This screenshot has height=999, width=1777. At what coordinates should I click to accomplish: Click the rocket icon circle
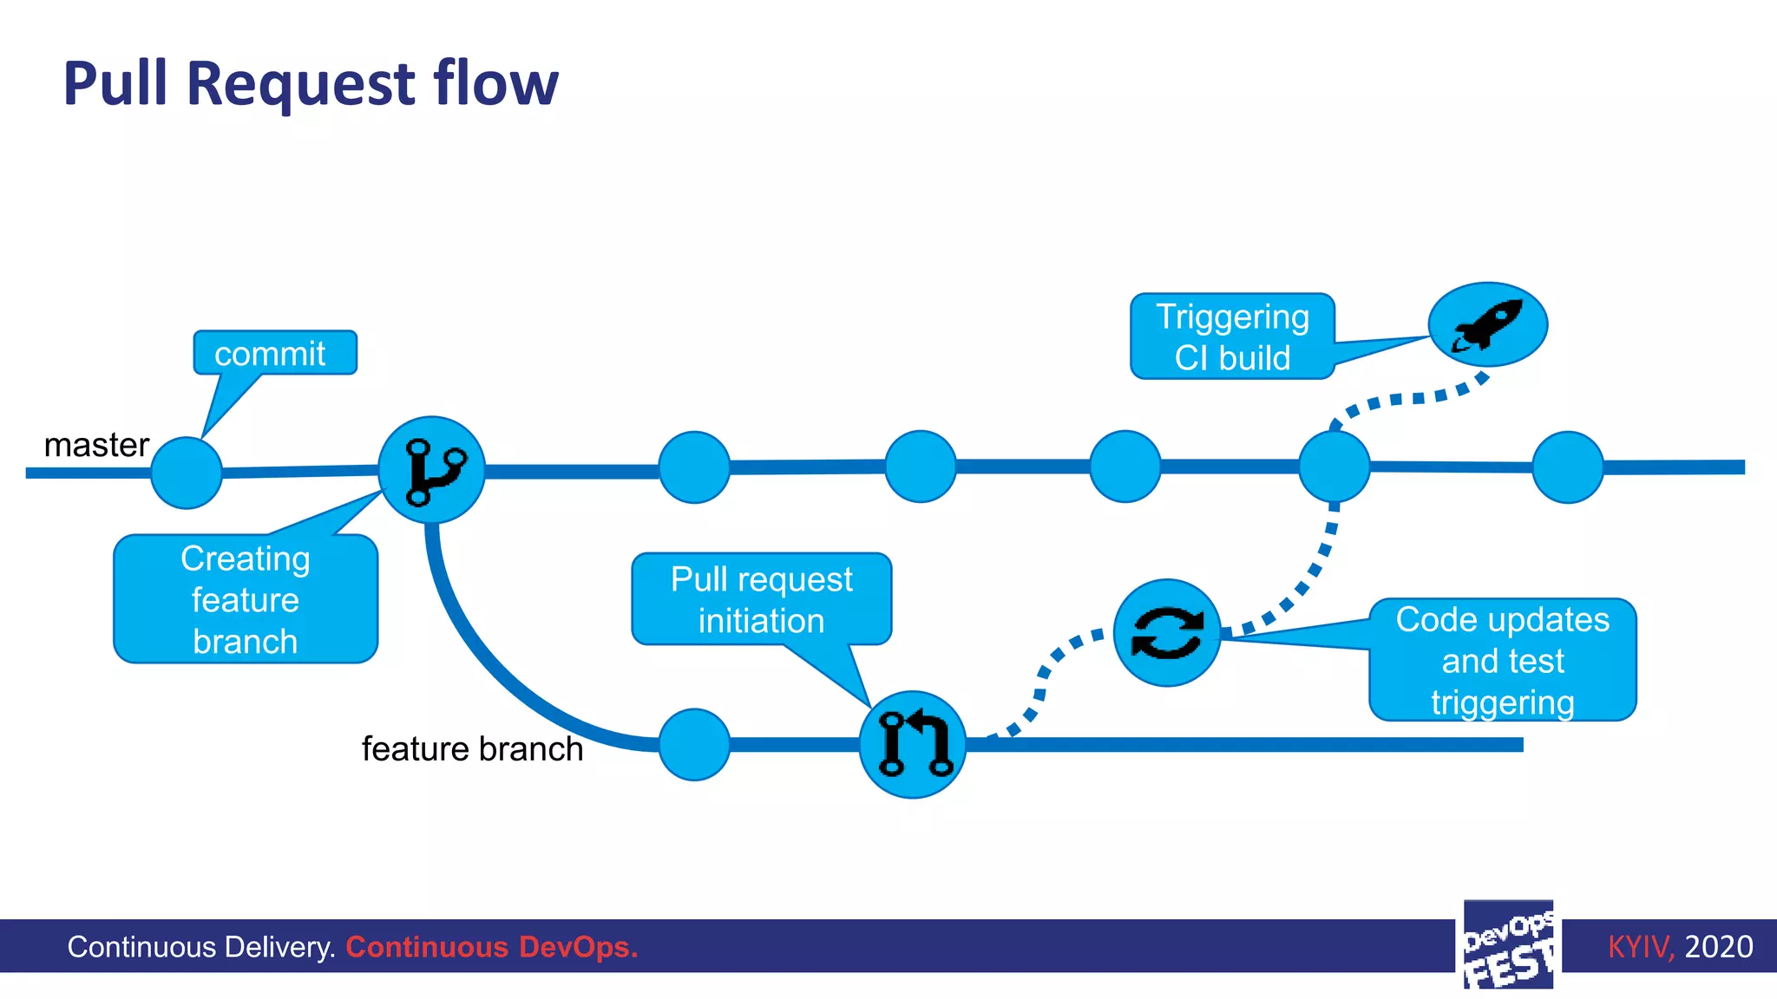tap(1487, 324)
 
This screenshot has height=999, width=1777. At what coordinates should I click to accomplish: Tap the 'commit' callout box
tap(274, 353)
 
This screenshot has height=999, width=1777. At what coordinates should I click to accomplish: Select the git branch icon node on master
tap(431, 470)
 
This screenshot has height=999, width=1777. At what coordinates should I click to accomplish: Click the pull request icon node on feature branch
tap(913, 744)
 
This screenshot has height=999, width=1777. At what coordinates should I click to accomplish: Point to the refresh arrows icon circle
tap(1167, 633)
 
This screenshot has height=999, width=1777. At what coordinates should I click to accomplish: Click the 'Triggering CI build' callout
tap(1232, 336)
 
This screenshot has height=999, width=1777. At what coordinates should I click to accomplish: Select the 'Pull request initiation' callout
tap(761, 599)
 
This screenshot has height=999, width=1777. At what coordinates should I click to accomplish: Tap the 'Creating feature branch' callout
tap(246, 599)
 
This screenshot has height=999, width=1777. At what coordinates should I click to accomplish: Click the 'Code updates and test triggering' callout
tap(1502, 660)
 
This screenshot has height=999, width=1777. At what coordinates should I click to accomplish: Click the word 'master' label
tap(96, 445)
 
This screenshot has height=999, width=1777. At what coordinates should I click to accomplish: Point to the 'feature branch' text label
tap(472, 748)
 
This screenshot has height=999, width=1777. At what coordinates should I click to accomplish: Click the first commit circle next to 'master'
tap(187, 473)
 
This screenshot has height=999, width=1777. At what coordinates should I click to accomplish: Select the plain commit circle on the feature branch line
tap(694, 744)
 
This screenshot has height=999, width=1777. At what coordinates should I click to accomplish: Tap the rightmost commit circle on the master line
tap(1567, 467)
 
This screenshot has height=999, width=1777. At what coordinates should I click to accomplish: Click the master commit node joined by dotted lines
tap(1334, 467)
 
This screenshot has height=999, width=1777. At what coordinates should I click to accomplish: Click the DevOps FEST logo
tap(1508, 945)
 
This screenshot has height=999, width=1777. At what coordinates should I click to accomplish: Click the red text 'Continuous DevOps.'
tap(491, 946)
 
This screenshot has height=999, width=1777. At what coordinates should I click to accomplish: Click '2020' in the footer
tap(1718, 946)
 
